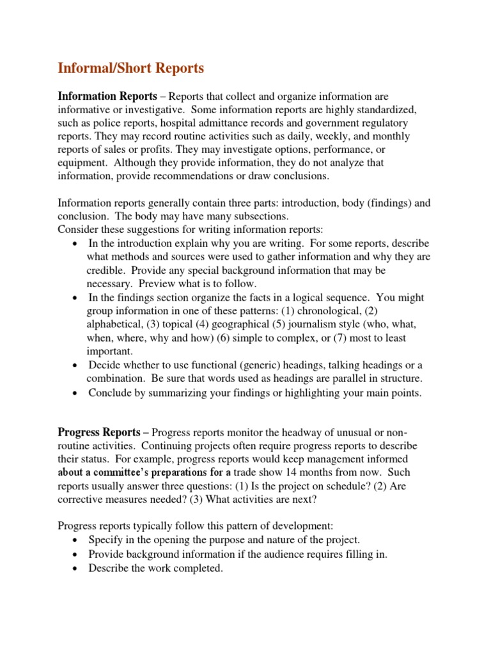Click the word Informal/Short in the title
[97, 68]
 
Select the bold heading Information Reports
[107, 96]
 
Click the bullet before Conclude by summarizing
[76, 393]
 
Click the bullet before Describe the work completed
[76, 567]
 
